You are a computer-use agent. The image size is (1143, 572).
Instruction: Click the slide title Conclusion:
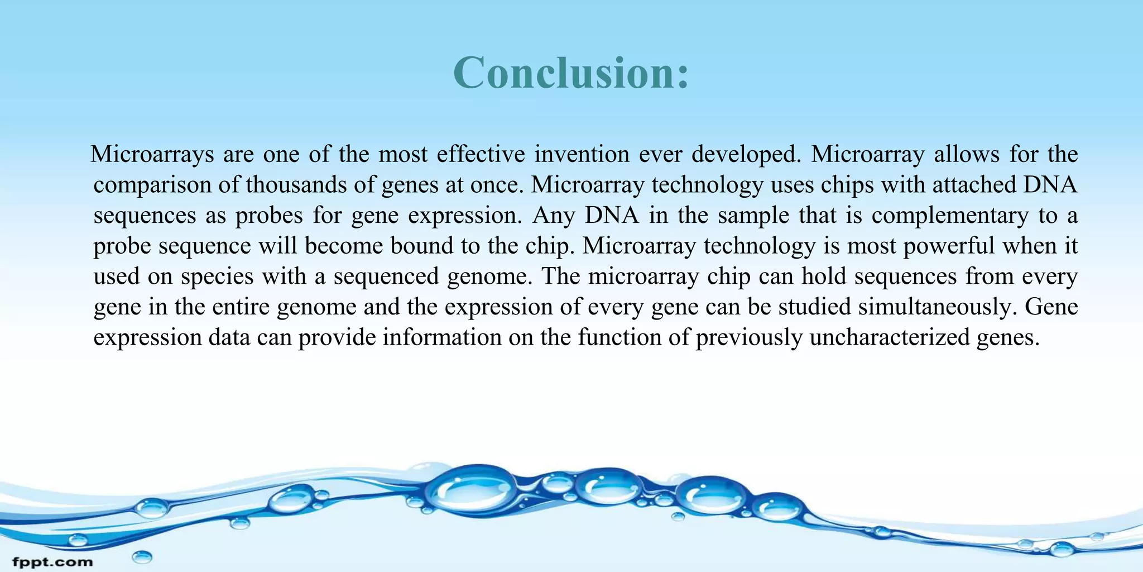[571, 73]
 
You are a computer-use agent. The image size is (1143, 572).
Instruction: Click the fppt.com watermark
[52, 561]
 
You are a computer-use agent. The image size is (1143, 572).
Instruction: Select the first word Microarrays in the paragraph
[152, 154]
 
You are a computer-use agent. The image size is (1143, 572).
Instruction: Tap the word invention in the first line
[582, 154]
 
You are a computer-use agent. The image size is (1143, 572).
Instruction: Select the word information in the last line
[442, 338]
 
